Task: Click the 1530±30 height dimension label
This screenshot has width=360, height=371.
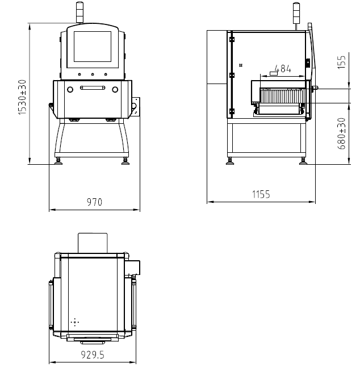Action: (22, 97)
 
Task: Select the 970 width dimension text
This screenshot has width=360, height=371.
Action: (94, 202)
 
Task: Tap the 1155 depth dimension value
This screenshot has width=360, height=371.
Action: (261, 194)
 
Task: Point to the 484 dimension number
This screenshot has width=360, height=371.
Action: (283, 69)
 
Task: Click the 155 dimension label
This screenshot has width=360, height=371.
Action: (341, 62)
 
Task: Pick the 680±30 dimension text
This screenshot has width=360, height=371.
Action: (341, 134)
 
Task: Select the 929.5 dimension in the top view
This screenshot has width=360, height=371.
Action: (93, 355)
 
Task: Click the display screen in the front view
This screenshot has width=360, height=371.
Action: (93, 47)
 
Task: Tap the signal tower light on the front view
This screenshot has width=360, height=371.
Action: (79, 12)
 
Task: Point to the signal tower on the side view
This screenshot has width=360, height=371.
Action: (296, 16)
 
